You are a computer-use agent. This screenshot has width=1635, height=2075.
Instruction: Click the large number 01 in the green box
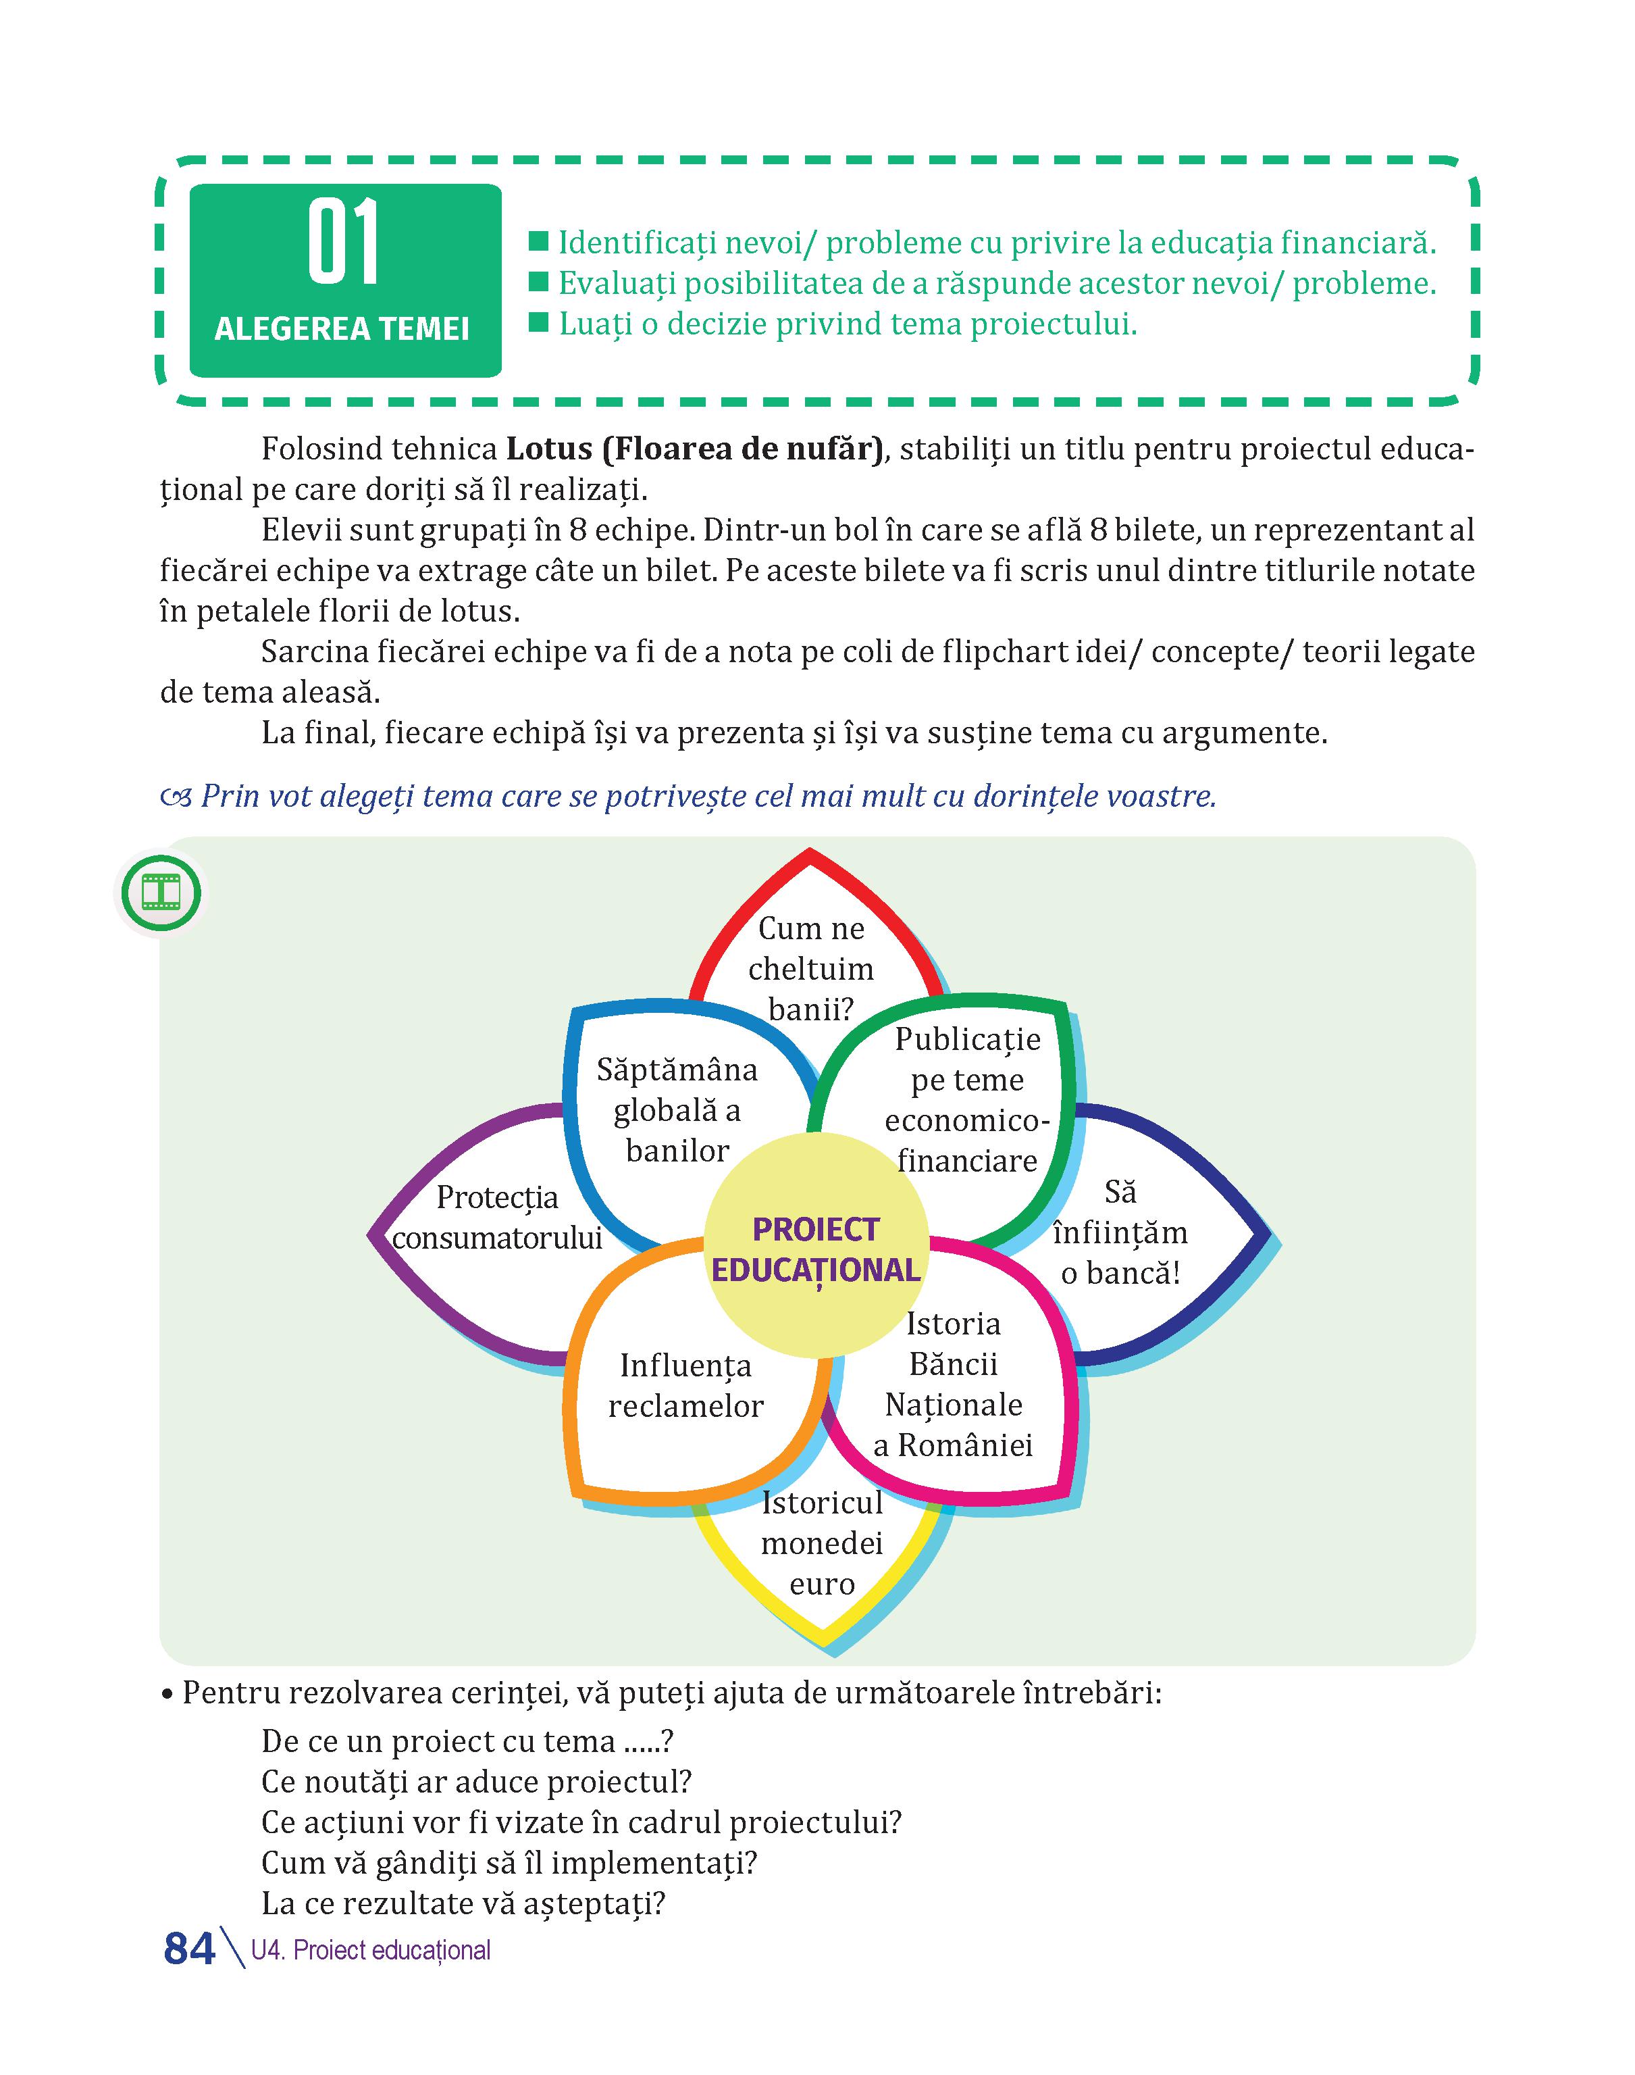pos(344,243)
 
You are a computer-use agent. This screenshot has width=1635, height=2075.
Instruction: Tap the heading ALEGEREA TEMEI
pos(342,330)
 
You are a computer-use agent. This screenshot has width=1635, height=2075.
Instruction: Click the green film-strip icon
pos(160,893)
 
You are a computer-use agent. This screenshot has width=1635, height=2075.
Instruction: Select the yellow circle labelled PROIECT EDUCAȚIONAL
pos(816,1244)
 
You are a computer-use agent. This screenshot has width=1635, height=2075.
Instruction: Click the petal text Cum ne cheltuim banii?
pos(811,968)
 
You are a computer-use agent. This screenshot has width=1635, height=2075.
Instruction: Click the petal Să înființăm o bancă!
pos(1120,1232)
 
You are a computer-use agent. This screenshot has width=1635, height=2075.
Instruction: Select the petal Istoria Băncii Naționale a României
pos(954,1384)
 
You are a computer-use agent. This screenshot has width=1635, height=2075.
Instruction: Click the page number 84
pos(190,1948)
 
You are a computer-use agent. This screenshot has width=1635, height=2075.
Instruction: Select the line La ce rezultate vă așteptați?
pos(463,1903)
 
